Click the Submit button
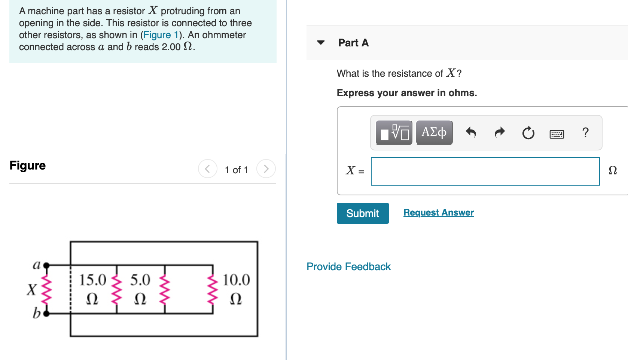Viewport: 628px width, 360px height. pos(362,213)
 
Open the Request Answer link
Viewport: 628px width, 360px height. pos(438,213)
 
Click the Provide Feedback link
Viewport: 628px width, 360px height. pos(348,266)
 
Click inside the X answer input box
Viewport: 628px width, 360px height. pos(485,171)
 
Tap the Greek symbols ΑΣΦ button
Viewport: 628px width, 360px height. pos(434,132)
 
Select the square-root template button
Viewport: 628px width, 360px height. pos(394,132)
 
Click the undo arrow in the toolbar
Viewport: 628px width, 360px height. pos(471,132)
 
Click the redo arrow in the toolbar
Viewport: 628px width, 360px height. pos(500,132)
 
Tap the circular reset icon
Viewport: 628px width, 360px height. pos(528,133)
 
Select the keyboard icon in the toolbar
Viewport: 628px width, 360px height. pos(557,134)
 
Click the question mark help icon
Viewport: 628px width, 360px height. pos(585,132)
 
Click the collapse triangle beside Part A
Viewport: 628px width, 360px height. pos(321,43)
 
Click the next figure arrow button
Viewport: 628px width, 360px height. pos(266,169)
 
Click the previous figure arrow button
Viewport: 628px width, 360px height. pos(208,169)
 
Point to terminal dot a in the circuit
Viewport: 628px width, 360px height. pos(46,265)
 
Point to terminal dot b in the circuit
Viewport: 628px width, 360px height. pos(46,313)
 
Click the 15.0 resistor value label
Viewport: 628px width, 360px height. pos(93,280)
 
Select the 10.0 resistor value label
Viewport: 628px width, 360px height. pos(236,280)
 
